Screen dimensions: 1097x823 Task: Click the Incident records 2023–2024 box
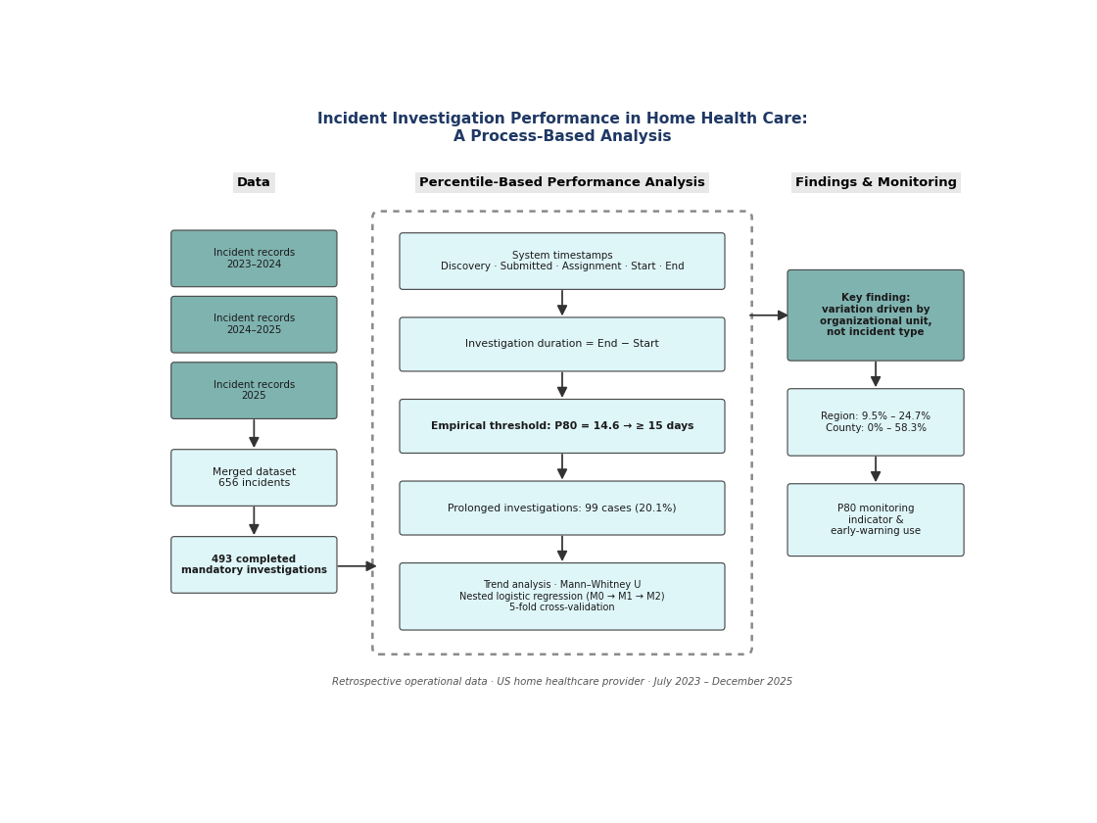point(254,259)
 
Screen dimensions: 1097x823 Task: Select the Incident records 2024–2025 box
point(254,324)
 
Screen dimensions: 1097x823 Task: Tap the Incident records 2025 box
point(254,391)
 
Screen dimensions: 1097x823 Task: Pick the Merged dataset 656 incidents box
point(254,477)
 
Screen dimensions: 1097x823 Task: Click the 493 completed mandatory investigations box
point(254,564)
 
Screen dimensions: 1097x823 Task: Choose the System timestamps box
point(562,261)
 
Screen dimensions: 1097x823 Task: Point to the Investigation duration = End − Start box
point(562,344)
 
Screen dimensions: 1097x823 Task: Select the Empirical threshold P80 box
point(562,426)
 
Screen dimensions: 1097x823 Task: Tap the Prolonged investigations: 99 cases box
point(562,508)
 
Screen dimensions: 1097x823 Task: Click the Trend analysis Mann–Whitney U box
point(562,597)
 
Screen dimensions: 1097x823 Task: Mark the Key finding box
point(876,315)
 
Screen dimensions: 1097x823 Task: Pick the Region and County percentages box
point(876,422)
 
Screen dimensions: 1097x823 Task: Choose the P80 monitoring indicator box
point(876,520)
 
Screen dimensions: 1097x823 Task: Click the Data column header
point(254,182)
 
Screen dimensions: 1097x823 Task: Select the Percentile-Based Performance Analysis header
point(562,182)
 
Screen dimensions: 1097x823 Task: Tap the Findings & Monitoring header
point(876,182)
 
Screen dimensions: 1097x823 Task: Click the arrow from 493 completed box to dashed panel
point(357,566)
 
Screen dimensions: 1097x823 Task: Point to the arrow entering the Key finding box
point(769,315)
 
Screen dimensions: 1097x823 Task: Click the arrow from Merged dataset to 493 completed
point(254,520)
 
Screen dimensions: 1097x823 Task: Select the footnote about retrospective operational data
point(562,682)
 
